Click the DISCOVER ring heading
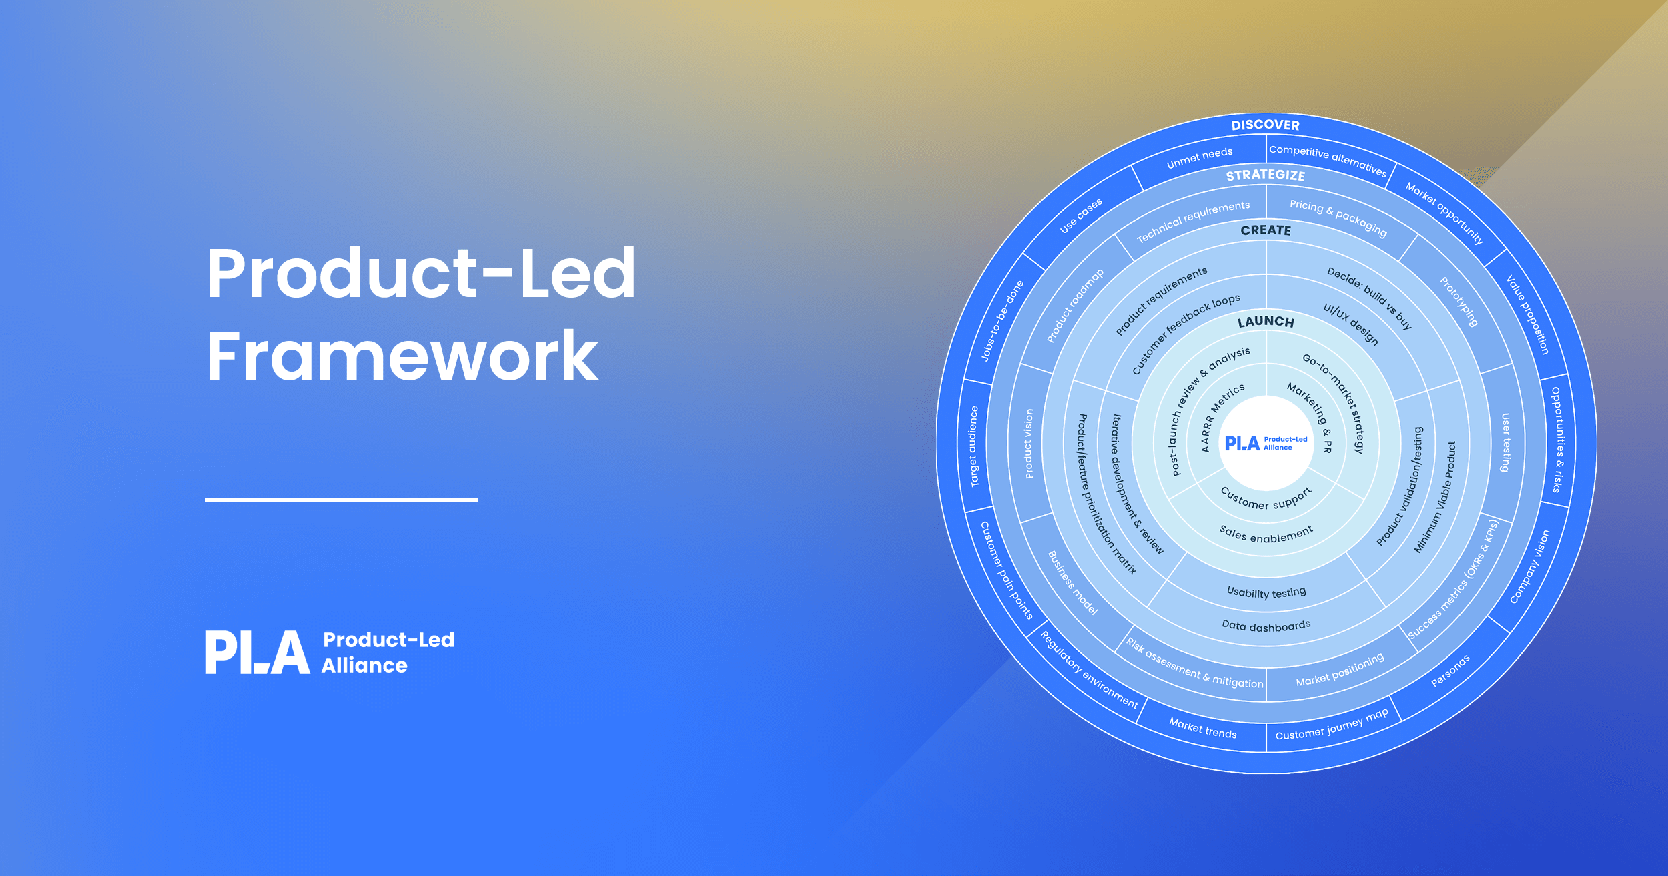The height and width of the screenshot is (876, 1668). pyautogui.click(x=1265, y=125)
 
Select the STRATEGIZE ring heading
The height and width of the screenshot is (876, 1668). pyautogui.click(x=1265, y=175)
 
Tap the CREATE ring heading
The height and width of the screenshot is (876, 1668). pyautogui.click(x=1266, y=230)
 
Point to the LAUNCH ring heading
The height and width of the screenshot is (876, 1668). pyautogui.click(x=1266, y=322)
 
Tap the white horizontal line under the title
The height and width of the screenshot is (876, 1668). pyautogui.click(x=341, y=500)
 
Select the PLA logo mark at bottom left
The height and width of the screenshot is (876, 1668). pyautogui.click(x=258, y=652)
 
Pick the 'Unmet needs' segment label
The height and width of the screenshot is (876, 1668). pyautogui.click(x=1199, y=158)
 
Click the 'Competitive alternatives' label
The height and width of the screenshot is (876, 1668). pyautogui.click(x=1328, y=160)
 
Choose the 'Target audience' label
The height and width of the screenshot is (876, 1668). pyautogui.click(x=973, y=446)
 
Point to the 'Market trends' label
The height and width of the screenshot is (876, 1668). pyautogui.click(x=1202, y=728)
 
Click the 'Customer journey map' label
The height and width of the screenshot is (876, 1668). pyautogui.click(x=1332, y=725)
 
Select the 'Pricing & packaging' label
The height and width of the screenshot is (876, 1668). pyautogui.click(x=1338, y=217)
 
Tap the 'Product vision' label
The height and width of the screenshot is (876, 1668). pyautogui.click(x=1029, y=444)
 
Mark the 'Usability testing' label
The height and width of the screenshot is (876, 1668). pyautogui.click(x=1266, y=592)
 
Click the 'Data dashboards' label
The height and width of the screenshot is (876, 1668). pyautogui.click(x=1266, y=626)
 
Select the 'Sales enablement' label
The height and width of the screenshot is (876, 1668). pyautogui.click(x=1266, y=535)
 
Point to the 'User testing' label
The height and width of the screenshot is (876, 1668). pyautogui.click(x=1505, y=442)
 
